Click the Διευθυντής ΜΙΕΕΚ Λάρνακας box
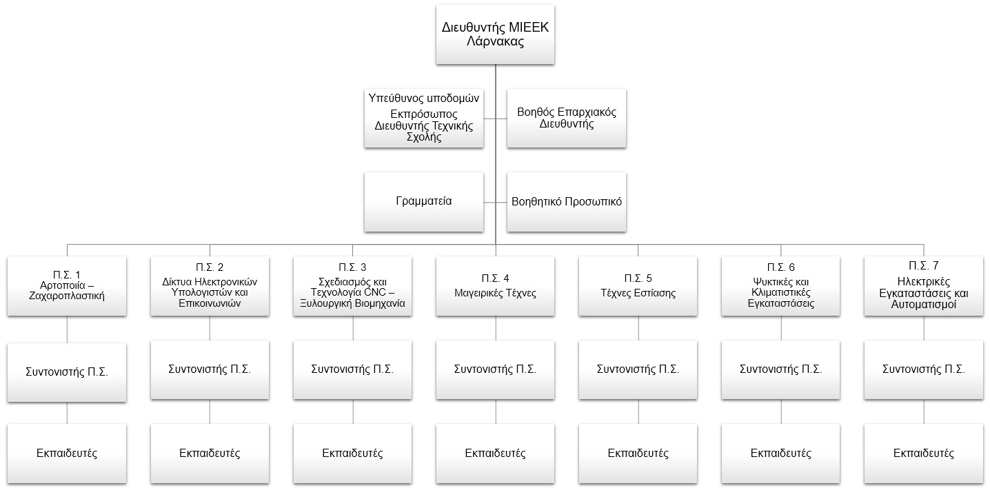[x=495, y=34]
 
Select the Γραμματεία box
[x=424, y=202]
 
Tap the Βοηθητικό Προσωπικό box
[x=567, y=202]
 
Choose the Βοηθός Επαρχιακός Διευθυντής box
[x=567, y=118]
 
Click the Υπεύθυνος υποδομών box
[x=424, y=118]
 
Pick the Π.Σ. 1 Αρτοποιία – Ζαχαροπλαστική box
[x=67, y=286]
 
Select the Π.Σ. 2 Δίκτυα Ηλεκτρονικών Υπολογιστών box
[x=210, y=286]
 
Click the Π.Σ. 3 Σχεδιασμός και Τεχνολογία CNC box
[x=353, y=286]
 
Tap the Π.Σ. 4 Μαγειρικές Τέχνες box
[x=495, y=286]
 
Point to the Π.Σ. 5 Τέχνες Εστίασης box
[x=638, y=286]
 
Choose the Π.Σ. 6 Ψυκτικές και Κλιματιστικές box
[x=781, y=286]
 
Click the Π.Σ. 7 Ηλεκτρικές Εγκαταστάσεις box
[x=924, y=286]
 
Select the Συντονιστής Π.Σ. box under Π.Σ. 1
[x=67, y=372]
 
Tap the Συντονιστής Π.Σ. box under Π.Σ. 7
[x=924, y=370]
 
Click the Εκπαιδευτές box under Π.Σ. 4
[x=495, y=454]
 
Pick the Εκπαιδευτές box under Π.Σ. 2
[x=210, y=454]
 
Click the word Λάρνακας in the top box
[x=496, y=42]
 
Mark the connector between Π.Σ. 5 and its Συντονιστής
[x=638, y=328]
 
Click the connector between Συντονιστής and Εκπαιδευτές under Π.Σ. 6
[x=781, y=412]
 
